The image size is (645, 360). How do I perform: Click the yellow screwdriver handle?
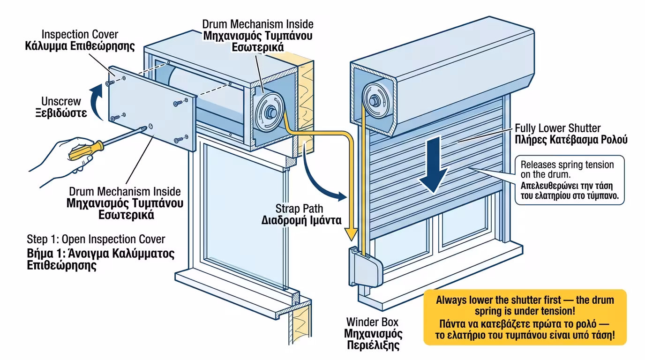click(x=86, y=150)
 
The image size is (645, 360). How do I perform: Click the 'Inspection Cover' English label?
click(x=80, y=34)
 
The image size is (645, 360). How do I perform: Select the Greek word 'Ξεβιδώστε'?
click(x=61, y=113)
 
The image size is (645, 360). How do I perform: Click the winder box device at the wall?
click(x=365, y=267)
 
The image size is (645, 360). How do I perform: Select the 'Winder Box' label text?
click(x=372, y=322)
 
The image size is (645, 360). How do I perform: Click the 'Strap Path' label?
click(x=299, y=209)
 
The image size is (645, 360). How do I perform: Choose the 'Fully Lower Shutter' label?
click(x=557, y=128)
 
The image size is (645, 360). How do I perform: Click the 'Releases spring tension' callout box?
click(x=569, y=180)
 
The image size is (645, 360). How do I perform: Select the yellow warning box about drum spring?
click(x=525, y=317)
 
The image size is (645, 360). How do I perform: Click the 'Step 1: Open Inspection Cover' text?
click(x=96, y=240)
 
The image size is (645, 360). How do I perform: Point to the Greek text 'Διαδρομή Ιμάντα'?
click(x=301, y=220)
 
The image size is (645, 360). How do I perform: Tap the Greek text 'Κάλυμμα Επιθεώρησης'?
click(x=80, y=46)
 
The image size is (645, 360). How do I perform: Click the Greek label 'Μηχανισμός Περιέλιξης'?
click(x=373, y=339)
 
